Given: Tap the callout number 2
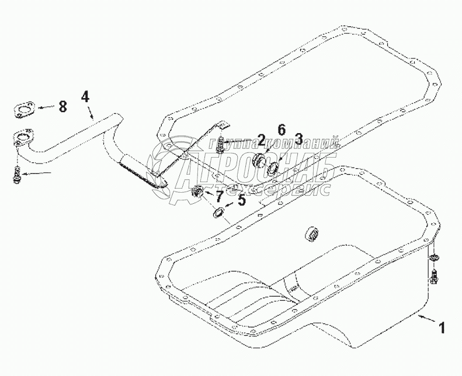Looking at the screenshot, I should (261, 139).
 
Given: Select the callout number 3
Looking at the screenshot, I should (298, 139).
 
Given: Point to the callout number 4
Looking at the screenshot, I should (85, 96).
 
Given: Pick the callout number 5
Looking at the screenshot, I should (242, 199).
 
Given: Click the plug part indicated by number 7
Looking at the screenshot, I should (197, 192).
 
